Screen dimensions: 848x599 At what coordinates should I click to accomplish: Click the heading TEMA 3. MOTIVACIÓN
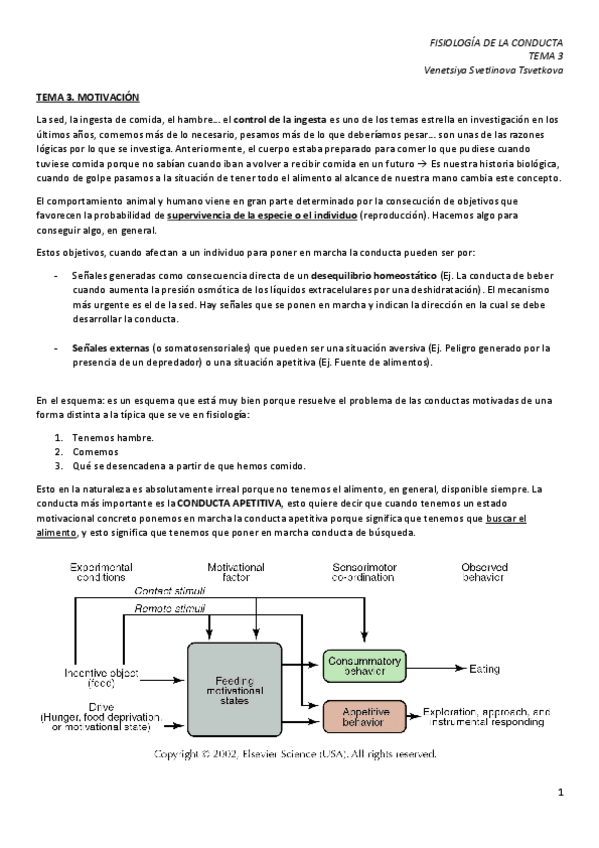pyautogui.click(x=87, y=98)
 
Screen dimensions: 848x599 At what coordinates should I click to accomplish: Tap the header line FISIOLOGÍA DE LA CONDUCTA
pyautogui.click(x=496, y=43)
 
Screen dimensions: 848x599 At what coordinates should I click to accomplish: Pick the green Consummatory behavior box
pyautogui.click(x=363, y=667)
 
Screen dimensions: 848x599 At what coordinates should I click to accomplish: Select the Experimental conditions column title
pyautogui.click(x=100, y=571)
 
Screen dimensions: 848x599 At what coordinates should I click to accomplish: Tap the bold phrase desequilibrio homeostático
pyautogui.click(x=373, y=274)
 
